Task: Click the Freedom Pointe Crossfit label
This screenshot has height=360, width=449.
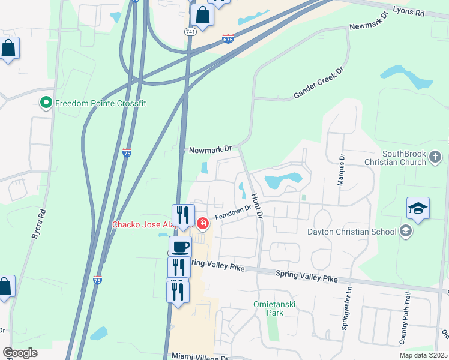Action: pos(100,103)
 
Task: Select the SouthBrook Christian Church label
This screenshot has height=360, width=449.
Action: pos(394,158)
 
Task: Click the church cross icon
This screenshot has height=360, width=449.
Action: pos(435,158)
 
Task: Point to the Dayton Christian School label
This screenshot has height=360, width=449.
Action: pos(351,232)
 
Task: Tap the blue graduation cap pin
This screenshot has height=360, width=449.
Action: pos(418,209)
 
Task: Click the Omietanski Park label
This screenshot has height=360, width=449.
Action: pos(276,308)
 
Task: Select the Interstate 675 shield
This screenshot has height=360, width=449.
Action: pos(228,39)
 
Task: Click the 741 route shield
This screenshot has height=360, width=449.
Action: pos(190,31)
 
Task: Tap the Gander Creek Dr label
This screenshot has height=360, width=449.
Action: pos(318,83)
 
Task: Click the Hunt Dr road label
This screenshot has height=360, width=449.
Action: pos(257,206)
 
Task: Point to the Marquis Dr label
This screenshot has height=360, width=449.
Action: pos(341,170)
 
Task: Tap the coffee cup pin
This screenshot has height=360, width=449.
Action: pos(180,246)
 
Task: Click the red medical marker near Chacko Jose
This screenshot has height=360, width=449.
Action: pos(203,224)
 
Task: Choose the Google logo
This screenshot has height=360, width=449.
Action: pos(20,353)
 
